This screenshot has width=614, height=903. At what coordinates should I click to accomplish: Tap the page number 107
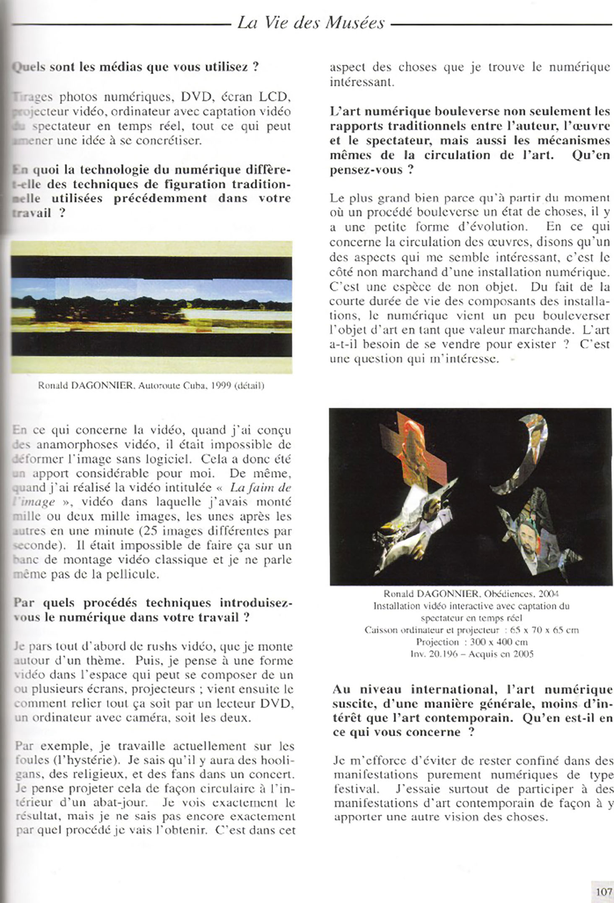(604, 889)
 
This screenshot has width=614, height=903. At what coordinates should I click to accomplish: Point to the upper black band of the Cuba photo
(151, 266)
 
